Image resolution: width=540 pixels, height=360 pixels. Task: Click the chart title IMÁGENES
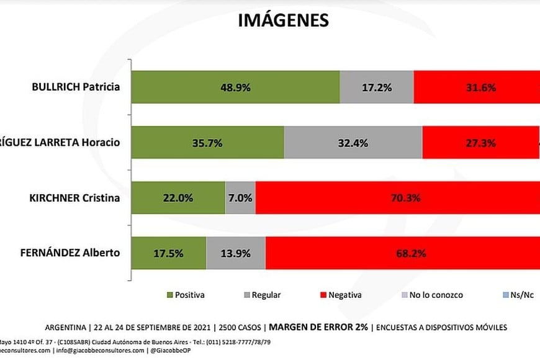pyautogui.click(x=283, y=20)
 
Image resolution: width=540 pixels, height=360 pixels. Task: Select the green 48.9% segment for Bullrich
pyautogui.click(x=236, y=87)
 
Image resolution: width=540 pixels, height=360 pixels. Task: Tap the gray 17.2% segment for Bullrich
pyautogui.click(x=377, y=87)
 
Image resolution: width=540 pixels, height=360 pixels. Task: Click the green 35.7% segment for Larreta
pyautogui.click(x=209, y=143)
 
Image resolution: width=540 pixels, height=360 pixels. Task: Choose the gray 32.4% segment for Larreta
pyautogui.click(x=353, y=143)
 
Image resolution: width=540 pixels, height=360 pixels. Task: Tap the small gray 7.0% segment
pyautogui.click(x=240, y=198)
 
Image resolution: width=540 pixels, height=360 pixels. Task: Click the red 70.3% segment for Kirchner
pyautogui.click(x=397, y=198)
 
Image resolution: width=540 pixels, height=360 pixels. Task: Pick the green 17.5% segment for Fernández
pyautogui.click(x=169, y=253)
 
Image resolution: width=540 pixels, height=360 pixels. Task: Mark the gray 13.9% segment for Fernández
pyautogui.click(x=236, y=253)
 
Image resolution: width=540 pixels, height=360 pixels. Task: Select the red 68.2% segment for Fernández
pyautogui.click(x=402, y=253)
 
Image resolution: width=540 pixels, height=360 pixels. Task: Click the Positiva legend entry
pyautogui.click(x=186, y=295)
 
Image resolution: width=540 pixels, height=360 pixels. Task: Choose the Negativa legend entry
pyautogui.click(x=340, y=295)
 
